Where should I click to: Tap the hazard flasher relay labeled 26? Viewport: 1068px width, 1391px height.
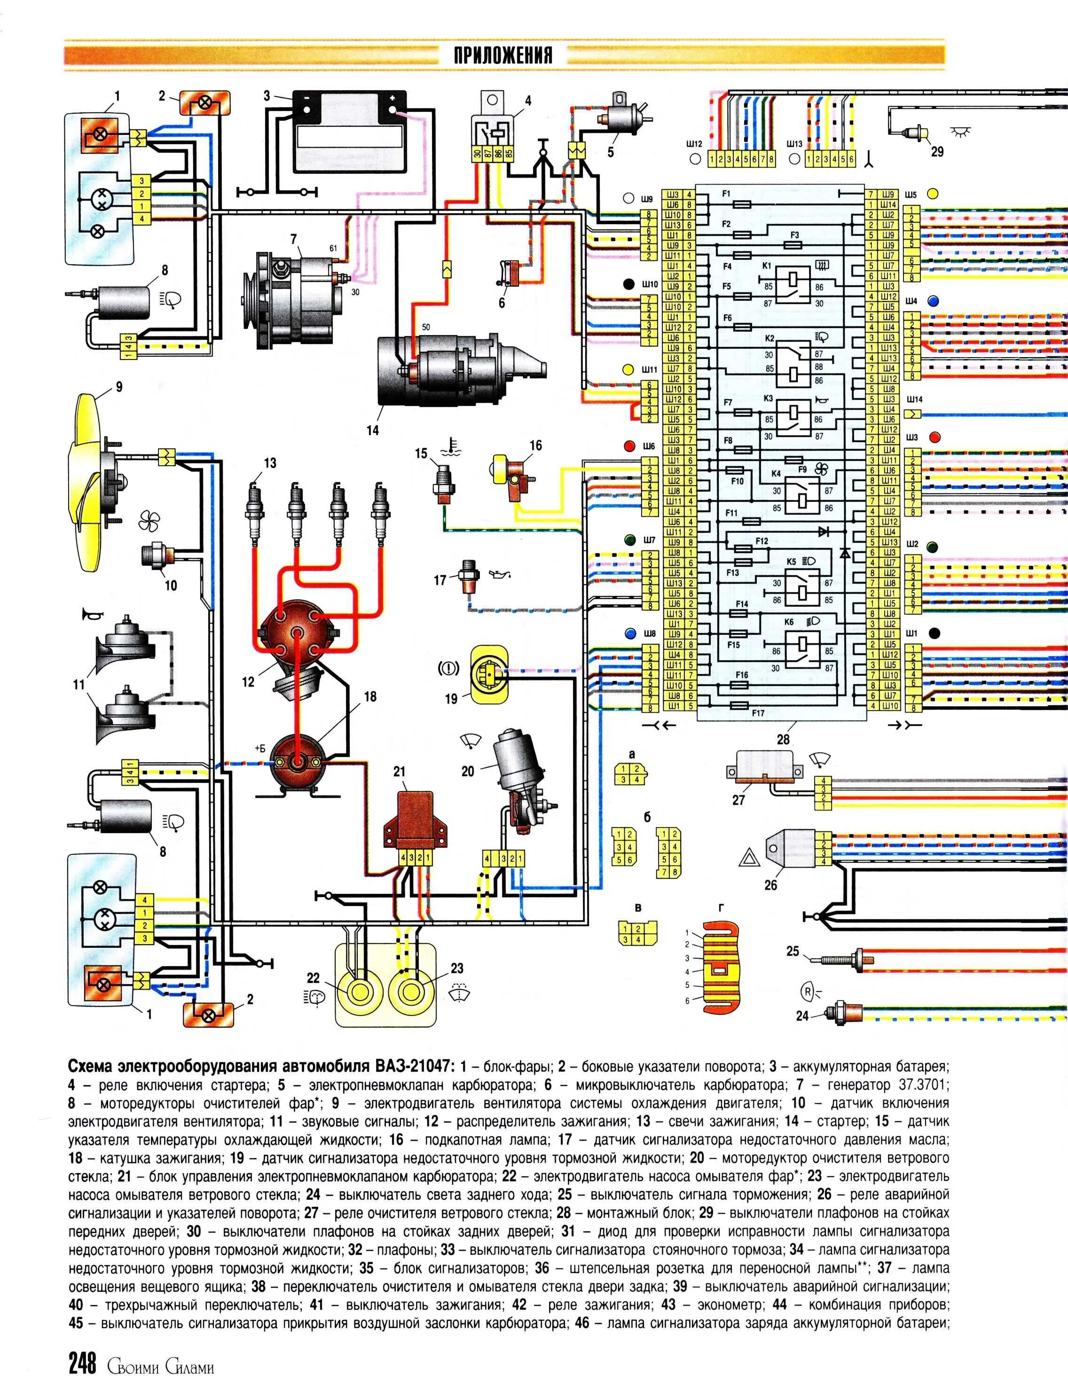(x=792, y=848)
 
